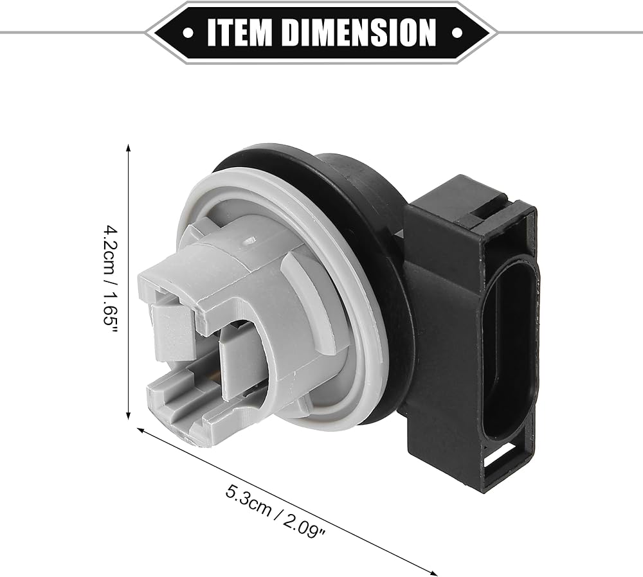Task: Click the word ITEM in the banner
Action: point(239,32)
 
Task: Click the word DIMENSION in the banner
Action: point(359,32)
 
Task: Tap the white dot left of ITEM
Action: point(188,33)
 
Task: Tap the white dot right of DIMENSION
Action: point(457,33)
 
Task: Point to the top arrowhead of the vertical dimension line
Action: point(129,148)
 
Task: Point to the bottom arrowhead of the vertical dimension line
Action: point(129,415)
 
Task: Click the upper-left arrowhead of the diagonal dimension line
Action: point(141,430)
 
